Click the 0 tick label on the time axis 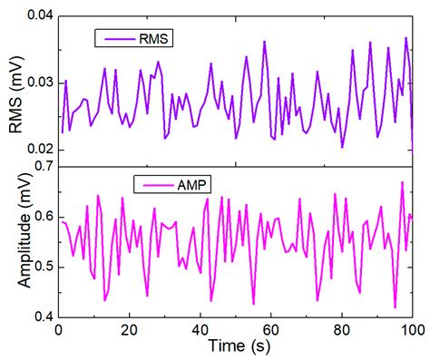(58, 331)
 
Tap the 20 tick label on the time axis (129, 331)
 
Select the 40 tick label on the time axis (200, 331)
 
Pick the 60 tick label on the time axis (270, 331)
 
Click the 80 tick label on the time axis (342, 331)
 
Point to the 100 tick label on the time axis (412, 331)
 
